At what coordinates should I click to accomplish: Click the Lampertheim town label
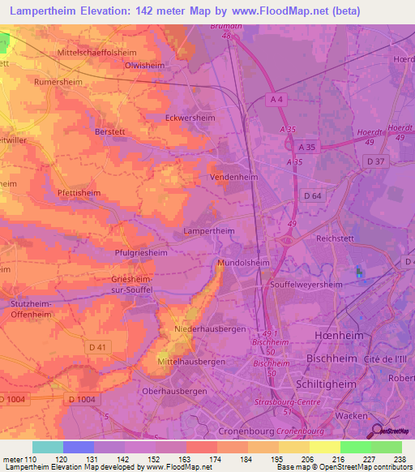point(212,231)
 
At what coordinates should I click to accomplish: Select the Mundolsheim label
point(244,264)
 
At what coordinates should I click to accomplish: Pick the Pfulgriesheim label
point(145,253)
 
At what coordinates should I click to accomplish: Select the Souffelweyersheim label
point(311,284)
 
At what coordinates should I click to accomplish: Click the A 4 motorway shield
point(276,98)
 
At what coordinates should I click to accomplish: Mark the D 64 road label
point(313,195)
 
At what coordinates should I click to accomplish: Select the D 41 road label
point(98,347)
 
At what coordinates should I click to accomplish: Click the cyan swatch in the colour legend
point(48,447)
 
